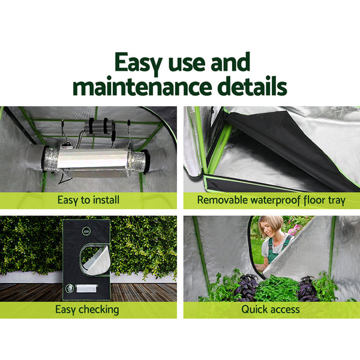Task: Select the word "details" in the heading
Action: coord(253,86)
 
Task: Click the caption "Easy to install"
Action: coord(89,200)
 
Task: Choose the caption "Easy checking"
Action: coord(87,310)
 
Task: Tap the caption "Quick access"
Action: coord(271,310)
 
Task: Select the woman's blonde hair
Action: coord(269,223)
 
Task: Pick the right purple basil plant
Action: coord(307,288)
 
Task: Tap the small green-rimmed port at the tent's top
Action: coord(88,230)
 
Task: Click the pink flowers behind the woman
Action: coord(293,229)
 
